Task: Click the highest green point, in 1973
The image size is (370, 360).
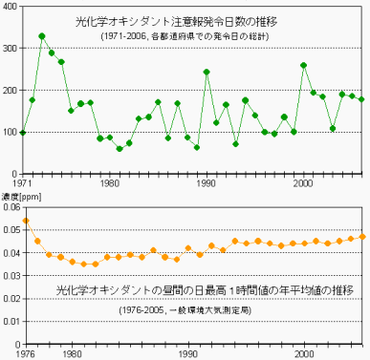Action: coord(42,36)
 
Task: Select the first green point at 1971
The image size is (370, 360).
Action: coord(23,132)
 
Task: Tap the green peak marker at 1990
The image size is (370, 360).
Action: coord(207,72)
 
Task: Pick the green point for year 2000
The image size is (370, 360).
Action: coord(304,65)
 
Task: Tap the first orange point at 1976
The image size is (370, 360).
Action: coord(26,221)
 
